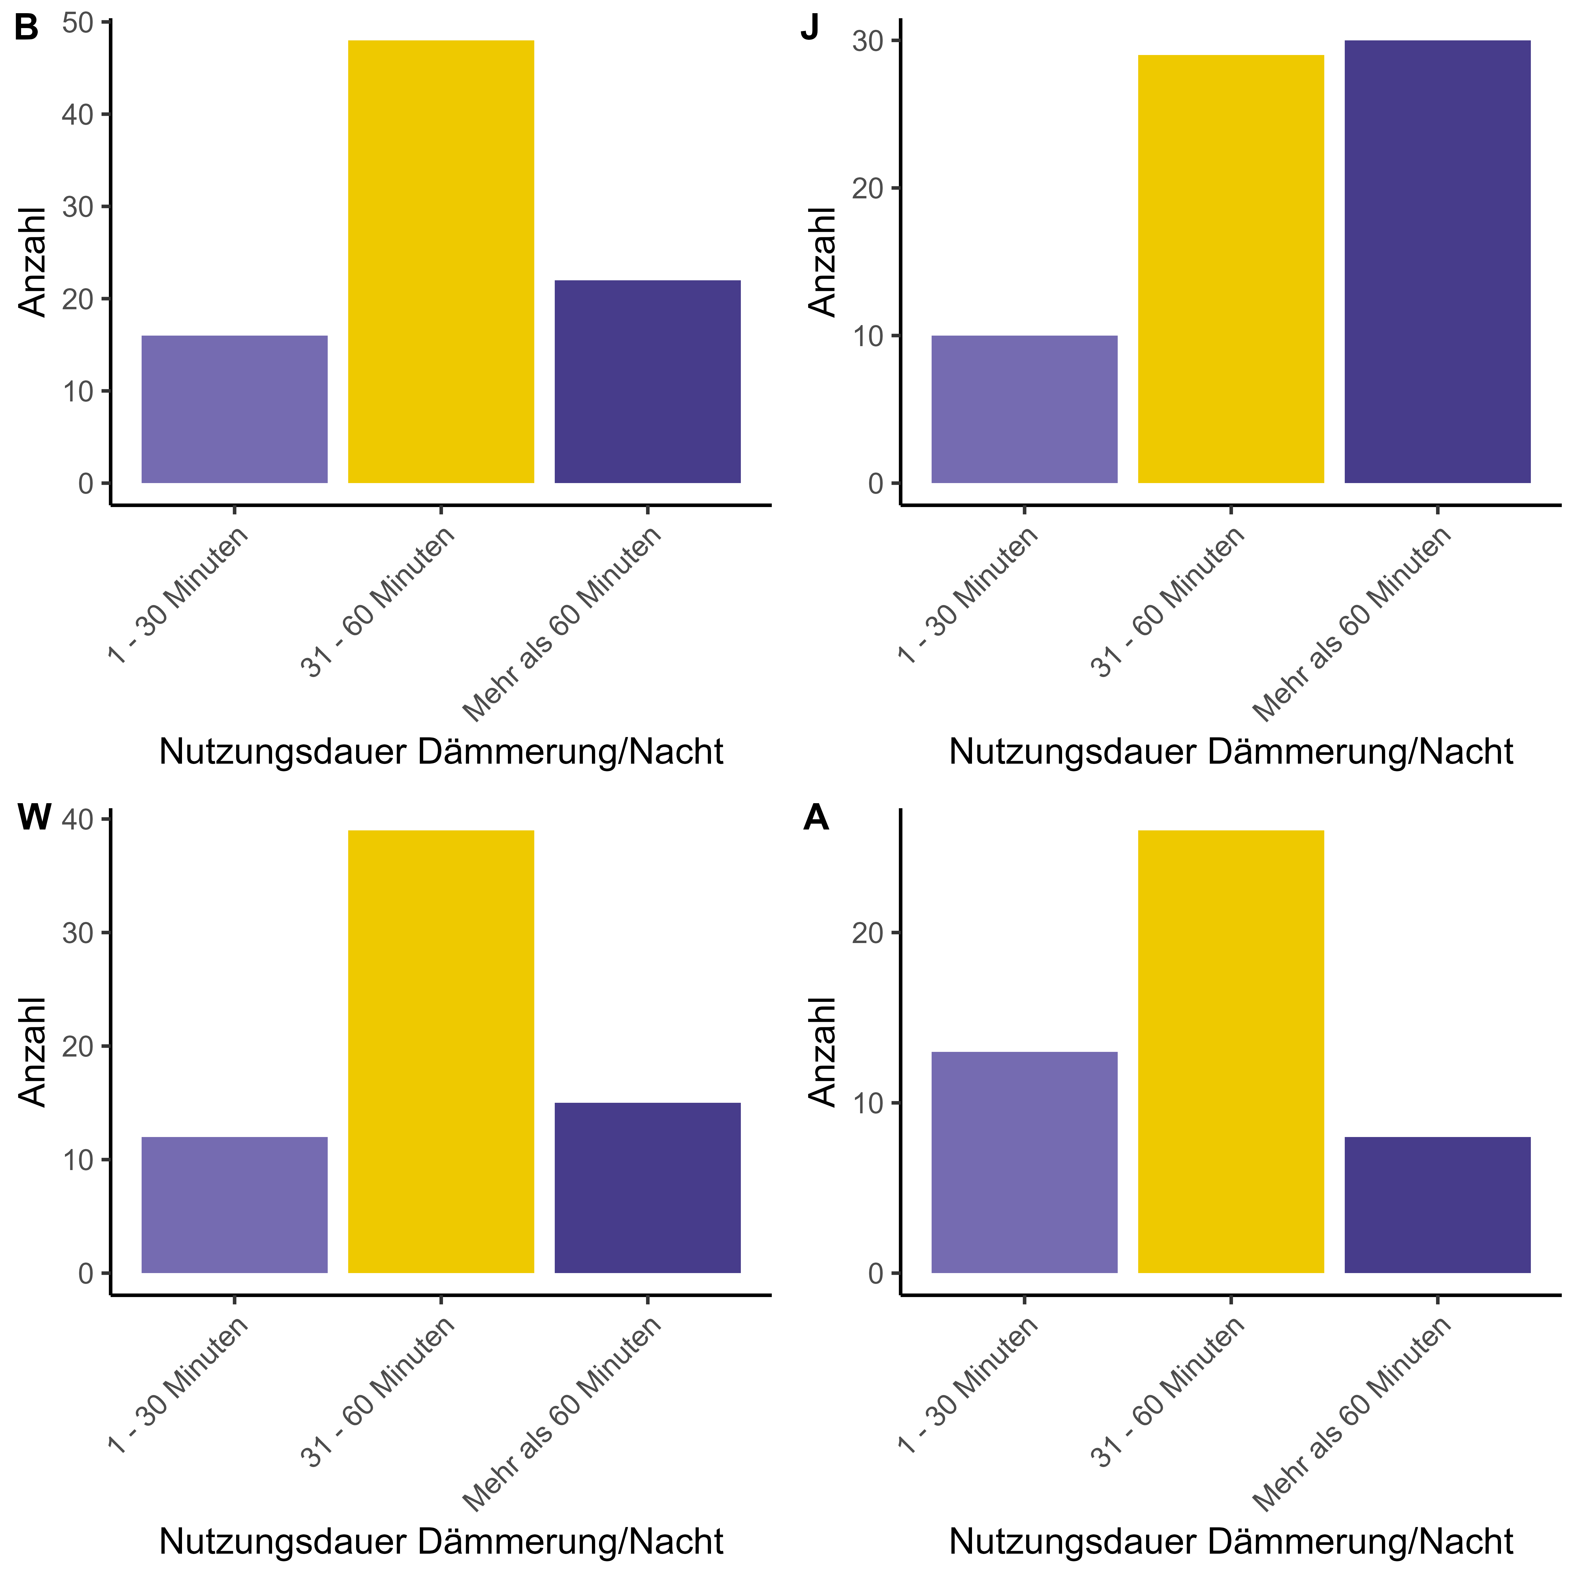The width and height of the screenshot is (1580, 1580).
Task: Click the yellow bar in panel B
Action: [x=441, y=262]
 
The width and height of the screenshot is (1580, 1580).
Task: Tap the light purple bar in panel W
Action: [x=235, y=1205]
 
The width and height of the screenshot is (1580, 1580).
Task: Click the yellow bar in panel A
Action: [x=1231, y=1052]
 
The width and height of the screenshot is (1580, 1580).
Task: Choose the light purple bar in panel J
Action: [x=1025, y=409]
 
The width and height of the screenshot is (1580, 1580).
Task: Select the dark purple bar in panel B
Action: [x=648, y=382]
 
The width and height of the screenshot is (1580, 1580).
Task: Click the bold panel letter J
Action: [x=810, y=29]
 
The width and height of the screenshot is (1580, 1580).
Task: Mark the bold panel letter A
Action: [x=816, y=818]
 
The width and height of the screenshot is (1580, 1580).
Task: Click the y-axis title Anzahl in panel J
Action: [x=822, y=262]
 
